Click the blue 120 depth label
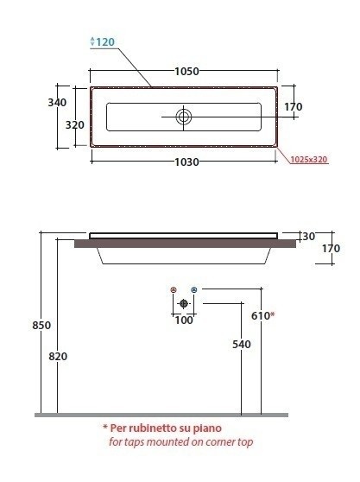(105, 41)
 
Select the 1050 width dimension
(186, 72)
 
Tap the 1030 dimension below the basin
(186, 162)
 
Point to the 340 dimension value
(57, 103)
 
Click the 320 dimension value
(74, 124)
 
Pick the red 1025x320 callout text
(309, 160)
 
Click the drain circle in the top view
(184, 117)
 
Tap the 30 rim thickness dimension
(309, 237)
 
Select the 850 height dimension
(41, 325)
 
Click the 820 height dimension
(58, 356)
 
